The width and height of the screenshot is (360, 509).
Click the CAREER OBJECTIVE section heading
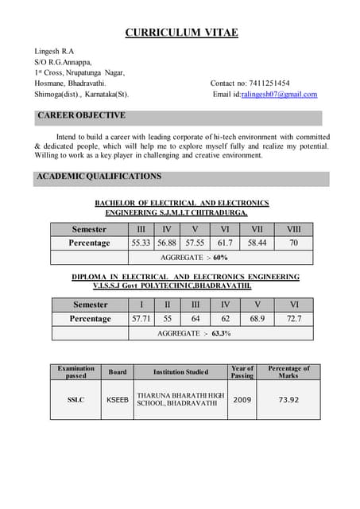(82, 116)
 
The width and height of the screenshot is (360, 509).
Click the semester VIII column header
(293, 229)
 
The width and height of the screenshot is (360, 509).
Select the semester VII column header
(257, 229)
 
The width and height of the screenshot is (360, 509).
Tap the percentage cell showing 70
(293, 243)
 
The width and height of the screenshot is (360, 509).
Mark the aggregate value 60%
(219, 258)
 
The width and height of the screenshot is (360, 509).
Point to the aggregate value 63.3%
(221, 333)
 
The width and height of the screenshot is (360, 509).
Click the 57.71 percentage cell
(141, 318)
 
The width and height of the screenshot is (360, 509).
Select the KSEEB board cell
(118, 399)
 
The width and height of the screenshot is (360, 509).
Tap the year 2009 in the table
(242, 399)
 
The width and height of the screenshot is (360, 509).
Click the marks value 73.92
(288, 399)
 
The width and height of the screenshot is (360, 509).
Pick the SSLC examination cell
(76, 399)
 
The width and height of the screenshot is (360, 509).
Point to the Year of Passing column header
(242, 371)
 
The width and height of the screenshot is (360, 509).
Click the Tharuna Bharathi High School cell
(180, 399)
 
